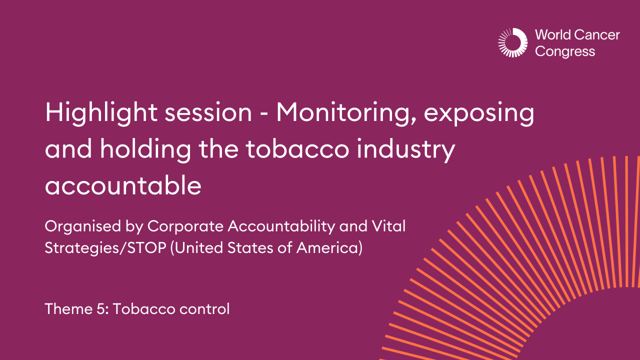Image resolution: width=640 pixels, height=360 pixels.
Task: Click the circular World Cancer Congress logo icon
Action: [512, 42]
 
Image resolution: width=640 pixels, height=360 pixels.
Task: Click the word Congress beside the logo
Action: [565, 51]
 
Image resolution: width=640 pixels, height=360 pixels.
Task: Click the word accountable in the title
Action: [123, 186]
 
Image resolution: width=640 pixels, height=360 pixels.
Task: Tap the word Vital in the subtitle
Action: [389, 226]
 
